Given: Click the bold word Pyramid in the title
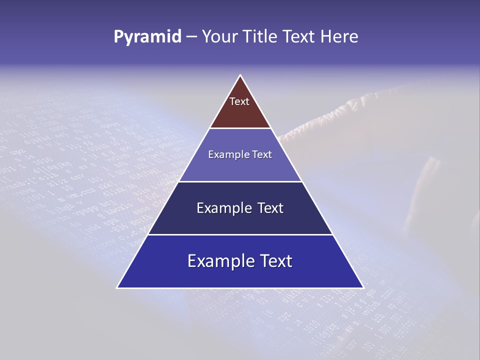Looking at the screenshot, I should tap(147, 37).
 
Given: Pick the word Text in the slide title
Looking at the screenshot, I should tap(299, 37).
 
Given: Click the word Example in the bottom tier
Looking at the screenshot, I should tap(219, 261).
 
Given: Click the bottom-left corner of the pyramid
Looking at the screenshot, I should tap(117, 287).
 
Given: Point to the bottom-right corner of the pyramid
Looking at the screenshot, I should tap(363, 287).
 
